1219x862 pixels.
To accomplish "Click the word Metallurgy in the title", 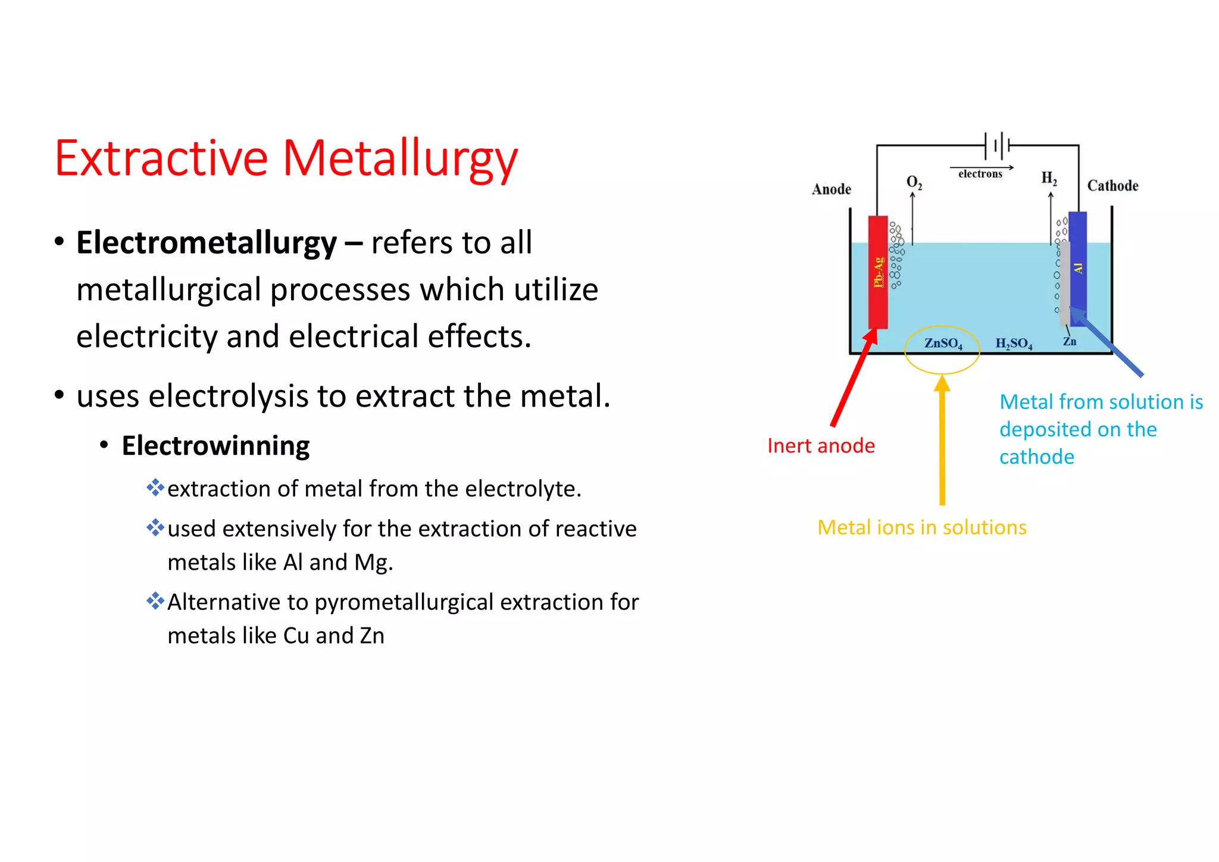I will [399, 158].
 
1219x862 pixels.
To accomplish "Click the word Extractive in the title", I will [161, 158].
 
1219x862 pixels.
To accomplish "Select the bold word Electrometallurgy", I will [207, 243].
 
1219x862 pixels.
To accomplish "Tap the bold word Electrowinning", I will [215, 446].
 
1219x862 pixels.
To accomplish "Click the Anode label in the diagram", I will [831, 189].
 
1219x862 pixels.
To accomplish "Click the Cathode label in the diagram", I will [1112, 186].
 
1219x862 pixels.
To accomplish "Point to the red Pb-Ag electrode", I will [878, 272].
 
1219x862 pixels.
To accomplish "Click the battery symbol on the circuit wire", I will [998, 145].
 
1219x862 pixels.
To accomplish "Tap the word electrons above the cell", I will [980, 174].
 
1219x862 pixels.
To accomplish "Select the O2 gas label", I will [914, 182].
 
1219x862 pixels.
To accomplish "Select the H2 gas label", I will [1049, 178].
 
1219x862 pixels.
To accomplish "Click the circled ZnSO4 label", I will [943, 343].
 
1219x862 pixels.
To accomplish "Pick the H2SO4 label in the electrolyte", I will [1014, 343].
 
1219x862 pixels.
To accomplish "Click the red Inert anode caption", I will [821, 446].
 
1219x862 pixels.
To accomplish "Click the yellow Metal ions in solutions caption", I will [921, 527].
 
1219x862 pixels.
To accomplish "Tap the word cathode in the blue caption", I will [1036, 457].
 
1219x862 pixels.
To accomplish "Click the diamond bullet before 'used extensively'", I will [155, 527].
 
